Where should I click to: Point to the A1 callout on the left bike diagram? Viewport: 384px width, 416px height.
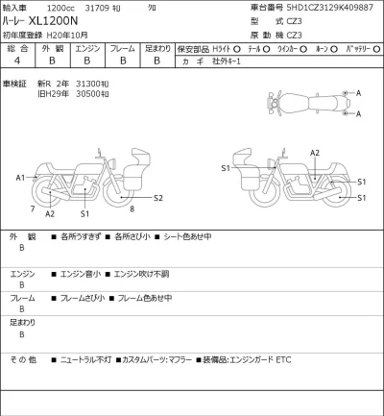20,178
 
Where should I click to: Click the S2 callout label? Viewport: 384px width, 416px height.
159,197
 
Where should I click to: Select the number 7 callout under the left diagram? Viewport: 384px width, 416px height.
32,208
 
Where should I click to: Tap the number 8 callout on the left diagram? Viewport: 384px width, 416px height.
131,208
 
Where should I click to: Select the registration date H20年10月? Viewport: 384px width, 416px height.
73,34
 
